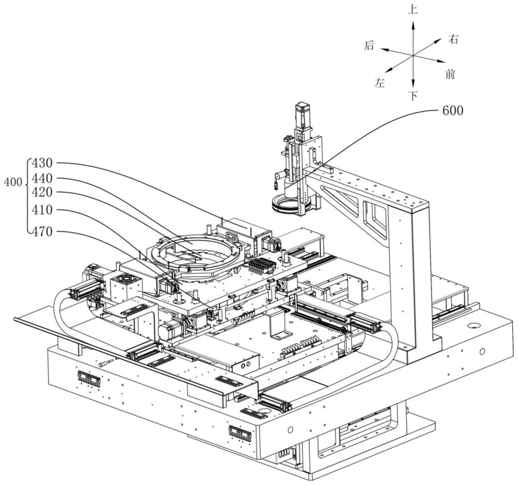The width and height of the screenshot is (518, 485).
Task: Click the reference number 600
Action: [x=452, y=110]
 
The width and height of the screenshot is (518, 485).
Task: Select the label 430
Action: [x=42, y=163]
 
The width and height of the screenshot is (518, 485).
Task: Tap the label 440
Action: [x=42, y=178]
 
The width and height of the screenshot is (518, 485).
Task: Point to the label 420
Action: [x=42, y=192]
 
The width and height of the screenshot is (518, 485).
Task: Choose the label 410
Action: [x=42, y=211]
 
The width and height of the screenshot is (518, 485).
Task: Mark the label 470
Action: [x=42, y=232]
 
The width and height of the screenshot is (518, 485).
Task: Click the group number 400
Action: [x=12, y=182]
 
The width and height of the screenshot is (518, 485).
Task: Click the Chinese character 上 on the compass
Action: [x=413, y=10]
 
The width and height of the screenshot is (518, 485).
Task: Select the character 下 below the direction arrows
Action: [x=413, y=96]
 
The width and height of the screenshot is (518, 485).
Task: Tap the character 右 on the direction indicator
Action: [x=454, y=39]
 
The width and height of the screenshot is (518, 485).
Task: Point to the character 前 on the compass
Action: [x=450, y=75]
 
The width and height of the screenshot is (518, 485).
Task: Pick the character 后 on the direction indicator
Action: [x=369, y=46]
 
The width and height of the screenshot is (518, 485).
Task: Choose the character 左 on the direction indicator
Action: [x=380, y=83]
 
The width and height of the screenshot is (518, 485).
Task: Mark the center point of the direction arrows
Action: [x=413, y=54]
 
